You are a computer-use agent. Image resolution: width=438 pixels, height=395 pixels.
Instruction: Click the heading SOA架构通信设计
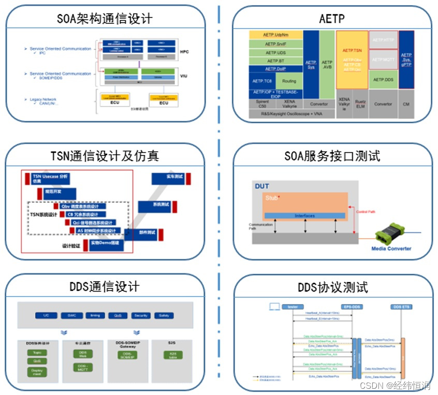point(105,19)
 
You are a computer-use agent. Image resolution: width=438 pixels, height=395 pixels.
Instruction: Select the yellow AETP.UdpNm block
point(275,35)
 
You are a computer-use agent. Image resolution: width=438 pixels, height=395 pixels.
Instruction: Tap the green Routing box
point(289,81)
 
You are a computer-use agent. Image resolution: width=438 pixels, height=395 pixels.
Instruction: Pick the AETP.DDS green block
point(383,80)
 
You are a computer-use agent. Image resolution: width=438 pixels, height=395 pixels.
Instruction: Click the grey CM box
point(406,104)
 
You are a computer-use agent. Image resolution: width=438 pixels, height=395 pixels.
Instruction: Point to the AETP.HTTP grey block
point(383,40)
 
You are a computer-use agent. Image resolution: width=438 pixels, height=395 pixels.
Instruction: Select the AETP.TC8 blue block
point(262,81)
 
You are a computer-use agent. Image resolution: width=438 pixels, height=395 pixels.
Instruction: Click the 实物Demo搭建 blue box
point(106,243)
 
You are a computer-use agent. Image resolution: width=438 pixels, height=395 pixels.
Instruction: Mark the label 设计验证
point(71,246)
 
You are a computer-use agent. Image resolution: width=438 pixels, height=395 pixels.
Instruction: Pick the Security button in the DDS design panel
point(140,316)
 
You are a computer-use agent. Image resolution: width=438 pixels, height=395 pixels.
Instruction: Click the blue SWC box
point(71,316)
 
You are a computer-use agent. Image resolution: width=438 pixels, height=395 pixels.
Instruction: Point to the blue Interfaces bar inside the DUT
point(304,215)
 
